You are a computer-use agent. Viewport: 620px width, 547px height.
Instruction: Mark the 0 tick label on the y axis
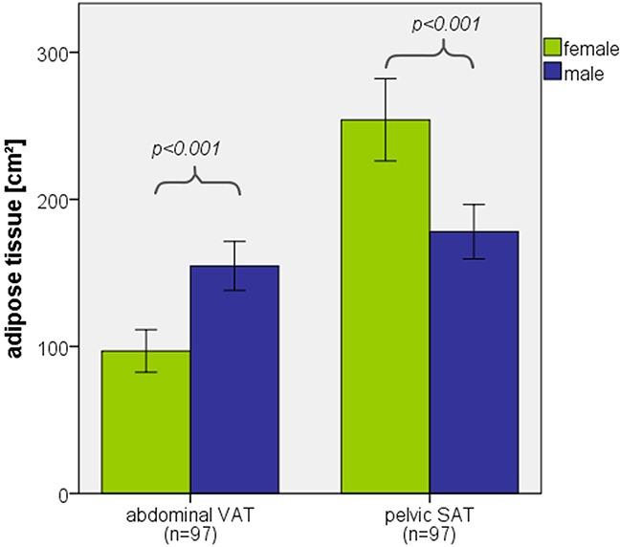click(x=60, y=494)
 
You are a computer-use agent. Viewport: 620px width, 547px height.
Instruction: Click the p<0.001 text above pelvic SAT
click(x=446, y=24)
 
